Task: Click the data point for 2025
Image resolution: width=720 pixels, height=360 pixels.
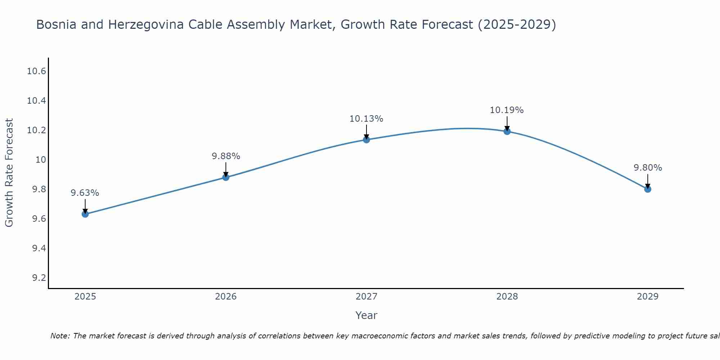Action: pos(85,214)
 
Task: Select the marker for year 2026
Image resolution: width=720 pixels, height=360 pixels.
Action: pos(226,177)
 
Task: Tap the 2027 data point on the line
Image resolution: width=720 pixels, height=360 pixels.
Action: pos(366,140)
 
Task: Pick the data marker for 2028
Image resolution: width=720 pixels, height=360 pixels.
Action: pos(507,131)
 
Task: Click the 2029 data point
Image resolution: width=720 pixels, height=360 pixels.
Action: pos(648,189)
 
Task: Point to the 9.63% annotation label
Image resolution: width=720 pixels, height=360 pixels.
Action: pos(85,193)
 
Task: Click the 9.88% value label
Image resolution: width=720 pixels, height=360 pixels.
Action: pos(226,156)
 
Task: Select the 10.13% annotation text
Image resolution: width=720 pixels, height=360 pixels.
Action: pos(366,119)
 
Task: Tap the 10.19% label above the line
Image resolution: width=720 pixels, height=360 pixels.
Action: pos(507,110)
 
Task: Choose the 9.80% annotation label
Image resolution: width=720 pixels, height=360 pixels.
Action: pos(648,168)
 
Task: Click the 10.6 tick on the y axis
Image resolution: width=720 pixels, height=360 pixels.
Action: pos(37,71)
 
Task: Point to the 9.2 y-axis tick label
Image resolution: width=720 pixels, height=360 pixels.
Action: pos(39,278)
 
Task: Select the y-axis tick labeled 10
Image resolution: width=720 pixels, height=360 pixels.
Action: pos(41,160)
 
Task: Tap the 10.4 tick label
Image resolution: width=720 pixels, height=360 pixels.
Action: pos(37,101)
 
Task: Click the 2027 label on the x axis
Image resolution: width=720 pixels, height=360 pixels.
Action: pos(366,297)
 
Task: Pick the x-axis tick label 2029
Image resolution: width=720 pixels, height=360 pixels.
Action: pos(648,297)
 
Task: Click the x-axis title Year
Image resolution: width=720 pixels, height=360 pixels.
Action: pos(366,315)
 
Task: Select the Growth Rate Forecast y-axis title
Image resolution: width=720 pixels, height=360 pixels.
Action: pos(9,173)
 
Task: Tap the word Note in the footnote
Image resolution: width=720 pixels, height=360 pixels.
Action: pos(60,336)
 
